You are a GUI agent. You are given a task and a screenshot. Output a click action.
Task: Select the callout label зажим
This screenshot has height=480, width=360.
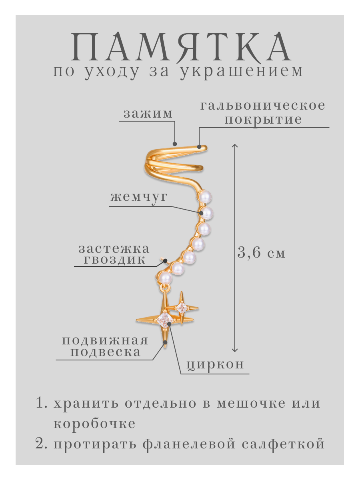(x=148, y=114)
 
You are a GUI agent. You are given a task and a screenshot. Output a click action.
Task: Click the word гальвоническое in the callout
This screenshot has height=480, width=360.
(x=263, y=106)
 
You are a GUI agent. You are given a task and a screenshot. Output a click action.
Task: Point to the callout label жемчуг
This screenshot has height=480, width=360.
(x=139, y=197)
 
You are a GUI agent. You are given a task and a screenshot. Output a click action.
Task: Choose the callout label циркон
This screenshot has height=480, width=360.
(x=215, y=364)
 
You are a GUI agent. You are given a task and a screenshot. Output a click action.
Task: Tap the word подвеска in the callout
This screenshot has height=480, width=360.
(x=106, y=352)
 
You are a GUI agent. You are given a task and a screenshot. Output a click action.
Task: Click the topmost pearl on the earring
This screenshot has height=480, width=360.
(x=206, y=197)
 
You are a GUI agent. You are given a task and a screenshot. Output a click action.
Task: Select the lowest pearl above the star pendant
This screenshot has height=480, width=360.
(x=165, y=277)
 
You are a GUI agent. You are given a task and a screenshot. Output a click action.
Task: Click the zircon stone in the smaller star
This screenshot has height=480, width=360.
(x=182, y=308)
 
